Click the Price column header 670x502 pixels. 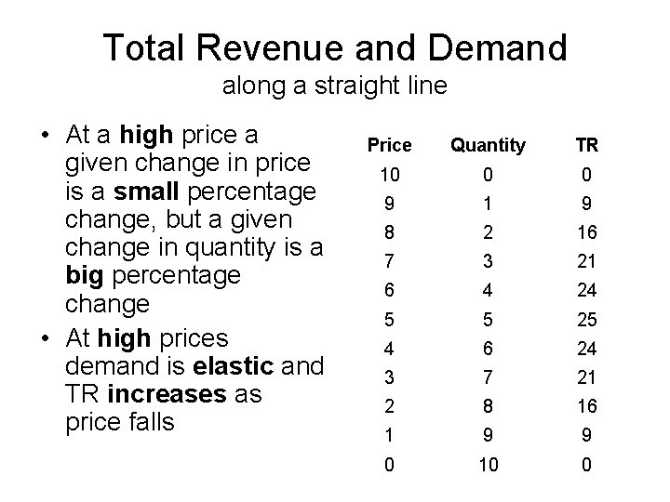(x=389, y=146)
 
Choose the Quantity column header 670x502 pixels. (x=488, y=146)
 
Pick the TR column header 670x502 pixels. (x=586, y=146)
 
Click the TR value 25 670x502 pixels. (x=586, y=319)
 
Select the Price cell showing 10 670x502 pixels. (x=389, y=175)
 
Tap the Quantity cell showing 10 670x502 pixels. (x=488, y=463)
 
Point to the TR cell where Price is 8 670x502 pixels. (x=586, y=232)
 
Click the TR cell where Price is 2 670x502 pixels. (x=586, y=405)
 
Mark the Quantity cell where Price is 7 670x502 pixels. (x=488, y=261)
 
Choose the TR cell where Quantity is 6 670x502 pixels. (x=586, y=348)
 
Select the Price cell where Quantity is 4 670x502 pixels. (x=389, y=290)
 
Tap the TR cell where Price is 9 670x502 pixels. (x=586, y=204)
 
